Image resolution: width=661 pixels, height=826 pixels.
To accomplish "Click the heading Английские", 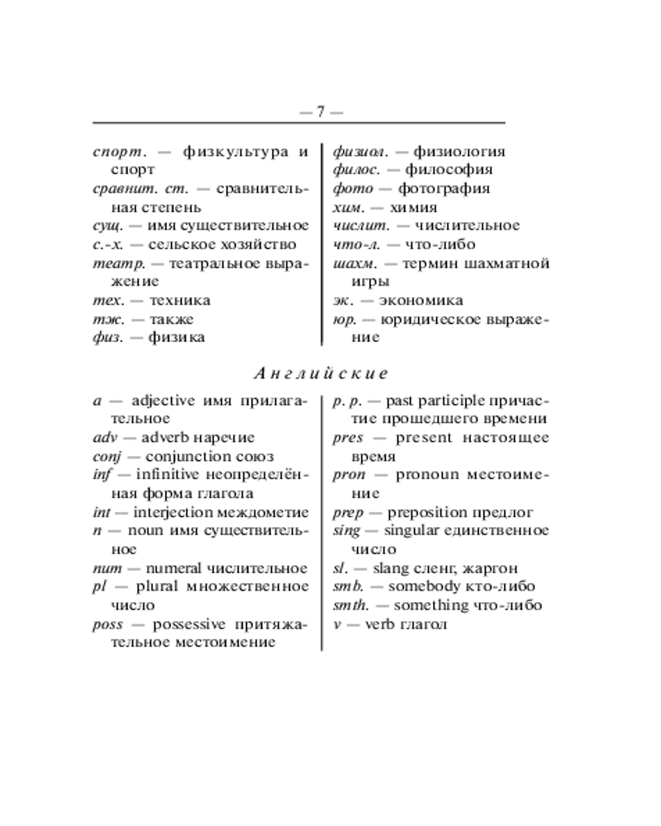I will click(x=321, y=373).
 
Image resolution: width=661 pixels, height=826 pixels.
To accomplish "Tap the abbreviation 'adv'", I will click(x=105, y=438).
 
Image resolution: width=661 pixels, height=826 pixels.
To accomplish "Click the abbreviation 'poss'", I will click(x=108, y=624).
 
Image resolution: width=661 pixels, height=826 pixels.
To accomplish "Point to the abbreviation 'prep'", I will click(x=348, y=513).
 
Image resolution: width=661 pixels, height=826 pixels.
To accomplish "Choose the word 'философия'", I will click(x=453, y=170).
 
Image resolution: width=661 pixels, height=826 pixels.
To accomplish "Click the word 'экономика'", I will click(x=418, y=301).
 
